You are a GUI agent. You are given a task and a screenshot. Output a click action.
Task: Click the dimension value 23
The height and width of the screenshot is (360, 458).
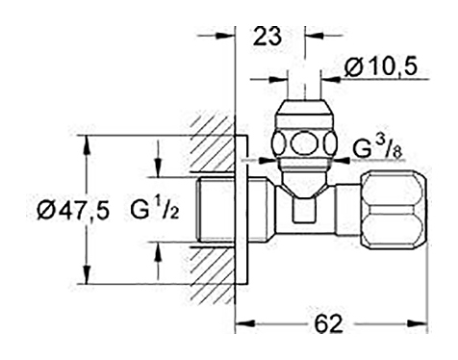267,37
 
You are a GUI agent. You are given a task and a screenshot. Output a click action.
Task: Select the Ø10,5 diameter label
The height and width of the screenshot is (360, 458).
381,66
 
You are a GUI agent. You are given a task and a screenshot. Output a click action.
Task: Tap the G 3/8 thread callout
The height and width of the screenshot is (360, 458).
377,148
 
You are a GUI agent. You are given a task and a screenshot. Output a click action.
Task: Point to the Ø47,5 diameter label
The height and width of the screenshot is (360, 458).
73,211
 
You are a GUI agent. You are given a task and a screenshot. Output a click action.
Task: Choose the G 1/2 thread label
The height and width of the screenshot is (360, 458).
155,208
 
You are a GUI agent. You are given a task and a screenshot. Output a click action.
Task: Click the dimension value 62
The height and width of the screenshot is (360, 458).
328,323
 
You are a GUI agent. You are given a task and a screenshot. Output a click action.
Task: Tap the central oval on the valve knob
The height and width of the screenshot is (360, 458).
304,143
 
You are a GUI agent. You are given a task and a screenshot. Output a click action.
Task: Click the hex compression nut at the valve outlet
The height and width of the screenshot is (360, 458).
394,210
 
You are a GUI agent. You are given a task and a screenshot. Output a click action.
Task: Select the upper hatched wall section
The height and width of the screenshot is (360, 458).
213,143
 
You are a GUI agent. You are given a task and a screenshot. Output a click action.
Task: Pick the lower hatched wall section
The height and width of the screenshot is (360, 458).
213,275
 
